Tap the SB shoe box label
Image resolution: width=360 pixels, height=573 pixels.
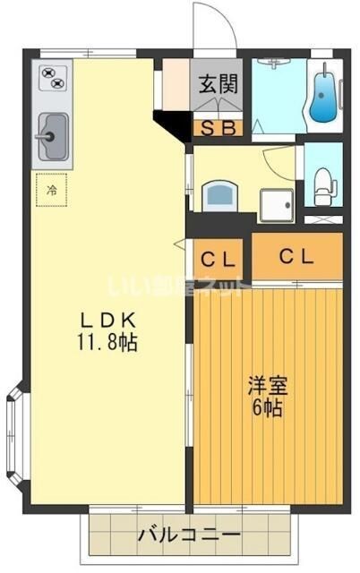(217, 128)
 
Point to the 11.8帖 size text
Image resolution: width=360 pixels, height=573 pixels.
(107, 342)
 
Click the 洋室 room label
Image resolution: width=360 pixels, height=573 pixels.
(267, 387)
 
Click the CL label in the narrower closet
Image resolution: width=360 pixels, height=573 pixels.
(218, 260)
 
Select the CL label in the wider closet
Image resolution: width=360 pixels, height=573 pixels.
(296, 256)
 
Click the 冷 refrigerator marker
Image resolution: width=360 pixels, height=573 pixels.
(52, 190)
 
